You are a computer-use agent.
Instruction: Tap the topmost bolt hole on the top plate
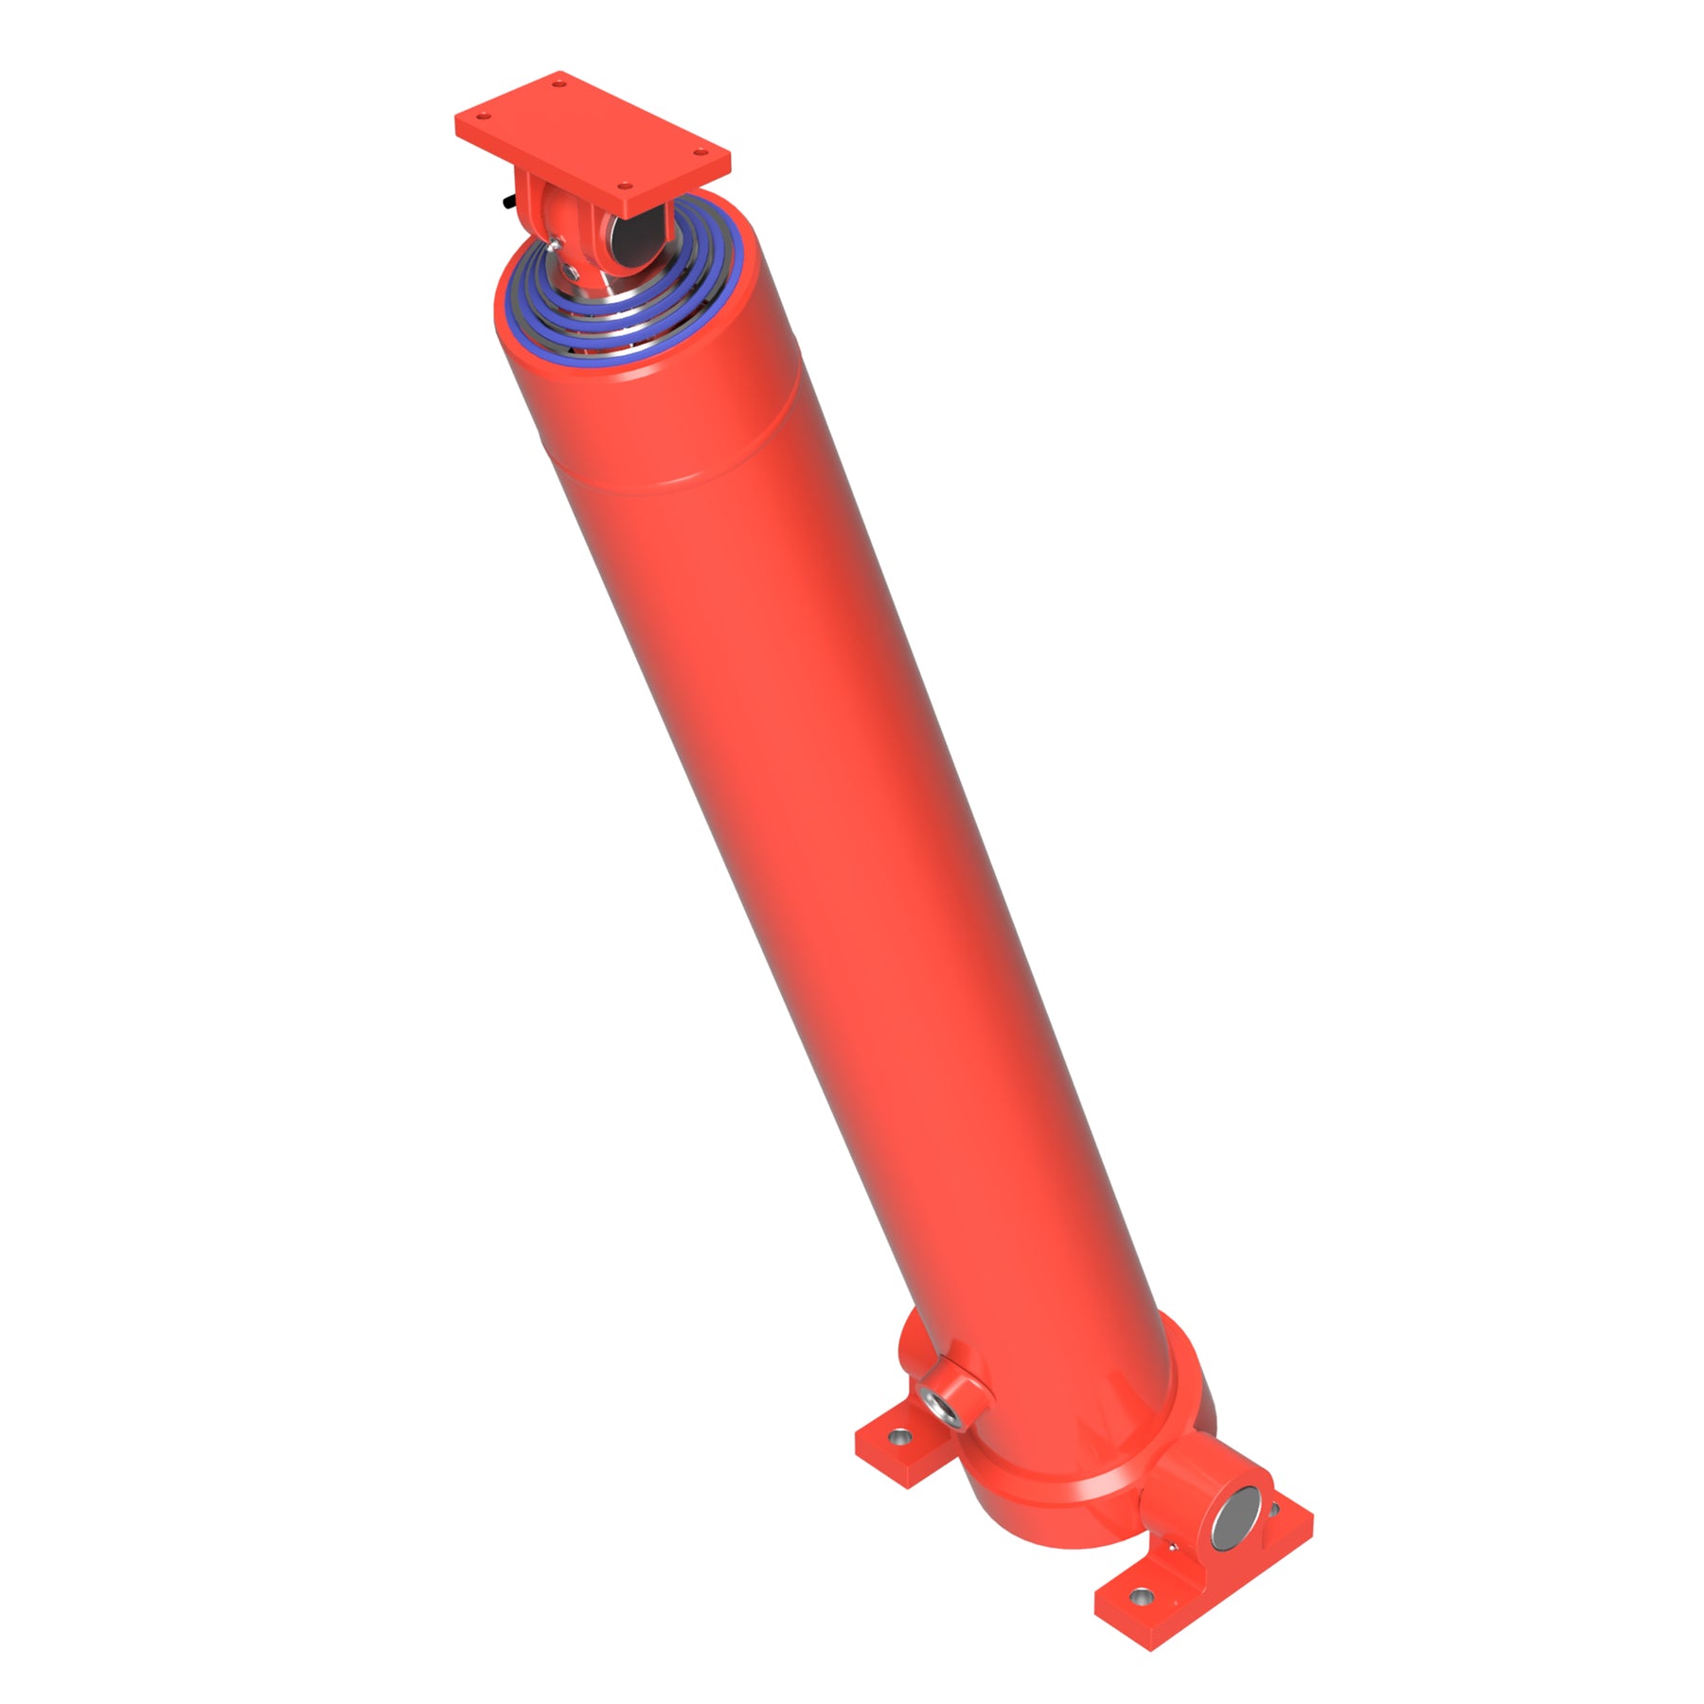coord(559,84)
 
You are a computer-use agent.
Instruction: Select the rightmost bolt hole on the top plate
coord(699,151)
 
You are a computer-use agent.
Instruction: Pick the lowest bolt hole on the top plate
coord(624,187)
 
